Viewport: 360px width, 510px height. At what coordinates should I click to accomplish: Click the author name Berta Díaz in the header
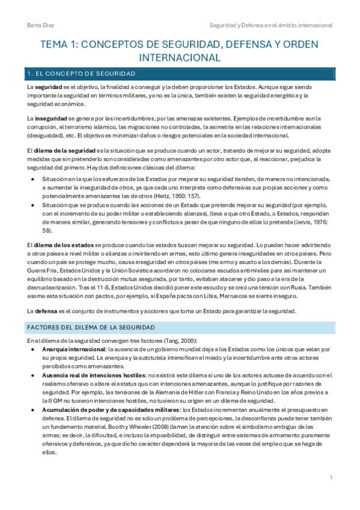[x=38, y=25]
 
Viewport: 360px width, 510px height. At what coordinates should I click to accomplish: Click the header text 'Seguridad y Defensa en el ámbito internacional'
[x=270, y=25]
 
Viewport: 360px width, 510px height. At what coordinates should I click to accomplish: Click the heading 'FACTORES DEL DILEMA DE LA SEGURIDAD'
[x=90, y=327]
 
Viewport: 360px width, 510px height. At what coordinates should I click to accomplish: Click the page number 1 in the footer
[x=331, y=478]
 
